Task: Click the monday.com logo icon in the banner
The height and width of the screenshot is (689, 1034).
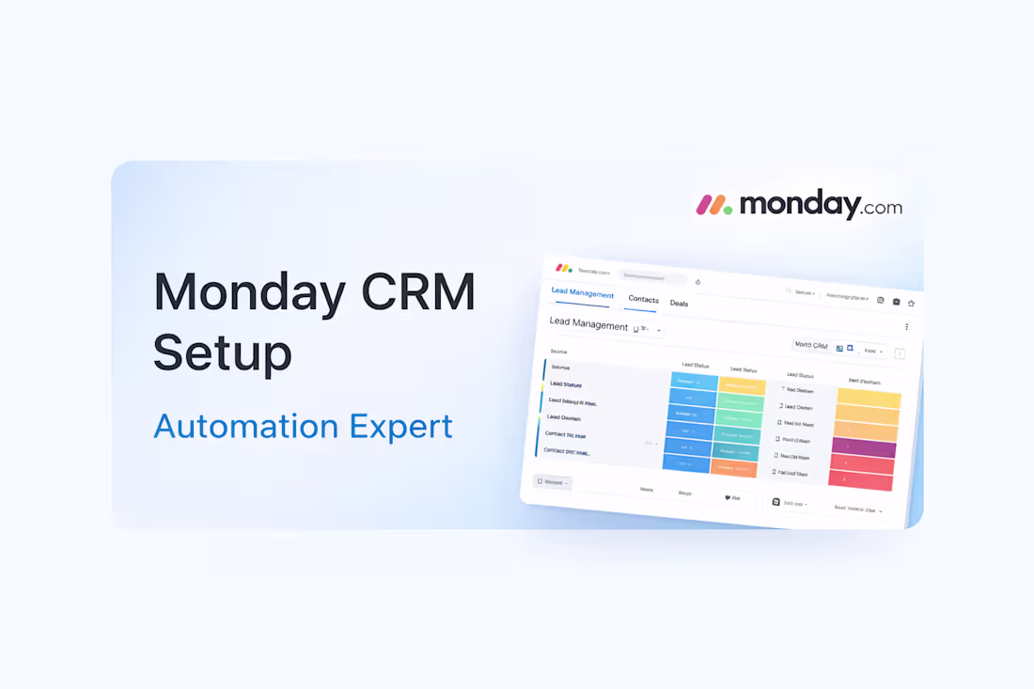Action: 714,204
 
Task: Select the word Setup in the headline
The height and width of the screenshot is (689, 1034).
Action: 222,352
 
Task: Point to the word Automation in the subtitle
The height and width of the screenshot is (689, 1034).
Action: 244,426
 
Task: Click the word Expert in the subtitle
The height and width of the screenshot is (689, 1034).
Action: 401,426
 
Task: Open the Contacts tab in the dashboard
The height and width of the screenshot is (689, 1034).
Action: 643,299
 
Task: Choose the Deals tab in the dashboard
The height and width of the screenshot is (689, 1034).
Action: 679,304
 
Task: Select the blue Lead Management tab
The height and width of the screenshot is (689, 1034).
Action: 583,293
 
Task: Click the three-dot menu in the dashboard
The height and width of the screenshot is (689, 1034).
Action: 906,327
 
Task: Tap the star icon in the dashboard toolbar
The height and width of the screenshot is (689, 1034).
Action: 911,304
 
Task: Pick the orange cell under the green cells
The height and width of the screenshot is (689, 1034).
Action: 734,469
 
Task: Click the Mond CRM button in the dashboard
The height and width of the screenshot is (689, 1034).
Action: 809,345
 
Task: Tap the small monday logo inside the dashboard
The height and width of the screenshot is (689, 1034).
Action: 563,268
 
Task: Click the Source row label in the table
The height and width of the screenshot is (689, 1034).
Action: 560,368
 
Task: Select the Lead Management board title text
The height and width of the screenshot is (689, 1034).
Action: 588,325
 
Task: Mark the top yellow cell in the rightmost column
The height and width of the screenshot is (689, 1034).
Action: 868,399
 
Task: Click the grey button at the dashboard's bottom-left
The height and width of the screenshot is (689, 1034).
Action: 553,482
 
